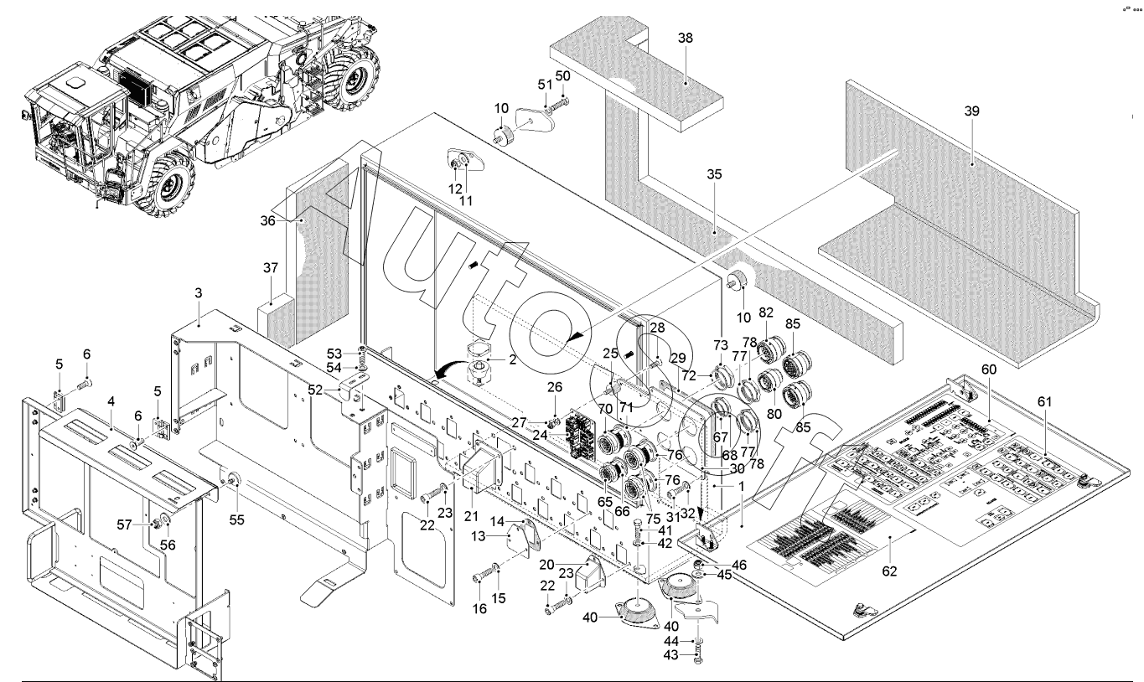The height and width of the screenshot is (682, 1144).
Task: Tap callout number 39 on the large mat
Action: click(x=971, y=111)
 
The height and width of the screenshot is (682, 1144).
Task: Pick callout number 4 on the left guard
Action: click(x=111, y=401)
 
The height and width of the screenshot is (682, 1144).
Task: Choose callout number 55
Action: click(x=237, y=519)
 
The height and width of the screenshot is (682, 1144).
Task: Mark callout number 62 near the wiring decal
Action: click(x=889, y=571)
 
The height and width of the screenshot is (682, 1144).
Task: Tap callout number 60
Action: click(x=989, y=369)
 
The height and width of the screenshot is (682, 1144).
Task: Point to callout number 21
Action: click(x=470, y=514)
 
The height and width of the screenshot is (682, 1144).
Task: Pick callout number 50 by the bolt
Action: click(x=563, y=75)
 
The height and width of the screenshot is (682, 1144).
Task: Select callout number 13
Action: click(x=500, y=535)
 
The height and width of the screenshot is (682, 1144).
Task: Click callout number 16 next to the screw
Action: click(x=480, y=608)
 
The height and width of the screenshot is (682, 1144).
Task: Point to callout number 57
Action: click(x=126, y=524)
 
